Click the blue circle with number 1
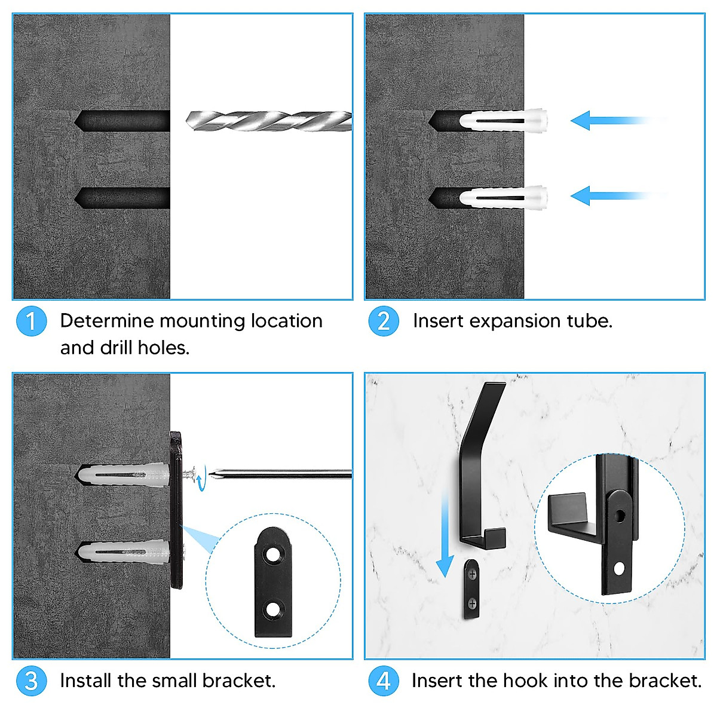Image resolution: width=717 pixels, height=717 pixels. coord(31,321)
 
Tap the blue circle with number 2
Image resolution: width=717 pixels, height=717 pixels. coord(384,321)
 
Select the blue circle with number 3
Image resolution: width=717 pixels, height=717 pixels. coord(31,681)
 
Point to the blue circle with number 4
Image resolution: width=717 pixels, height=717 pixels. coord(384,681)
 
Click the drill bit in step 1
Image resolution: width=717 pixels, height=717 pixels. coord(269,121)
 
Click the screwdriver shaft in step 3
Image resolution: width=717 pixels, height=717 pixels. coord(281,474)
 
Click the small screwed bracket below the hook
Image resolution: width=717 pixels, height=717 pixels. coord(471,589)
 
